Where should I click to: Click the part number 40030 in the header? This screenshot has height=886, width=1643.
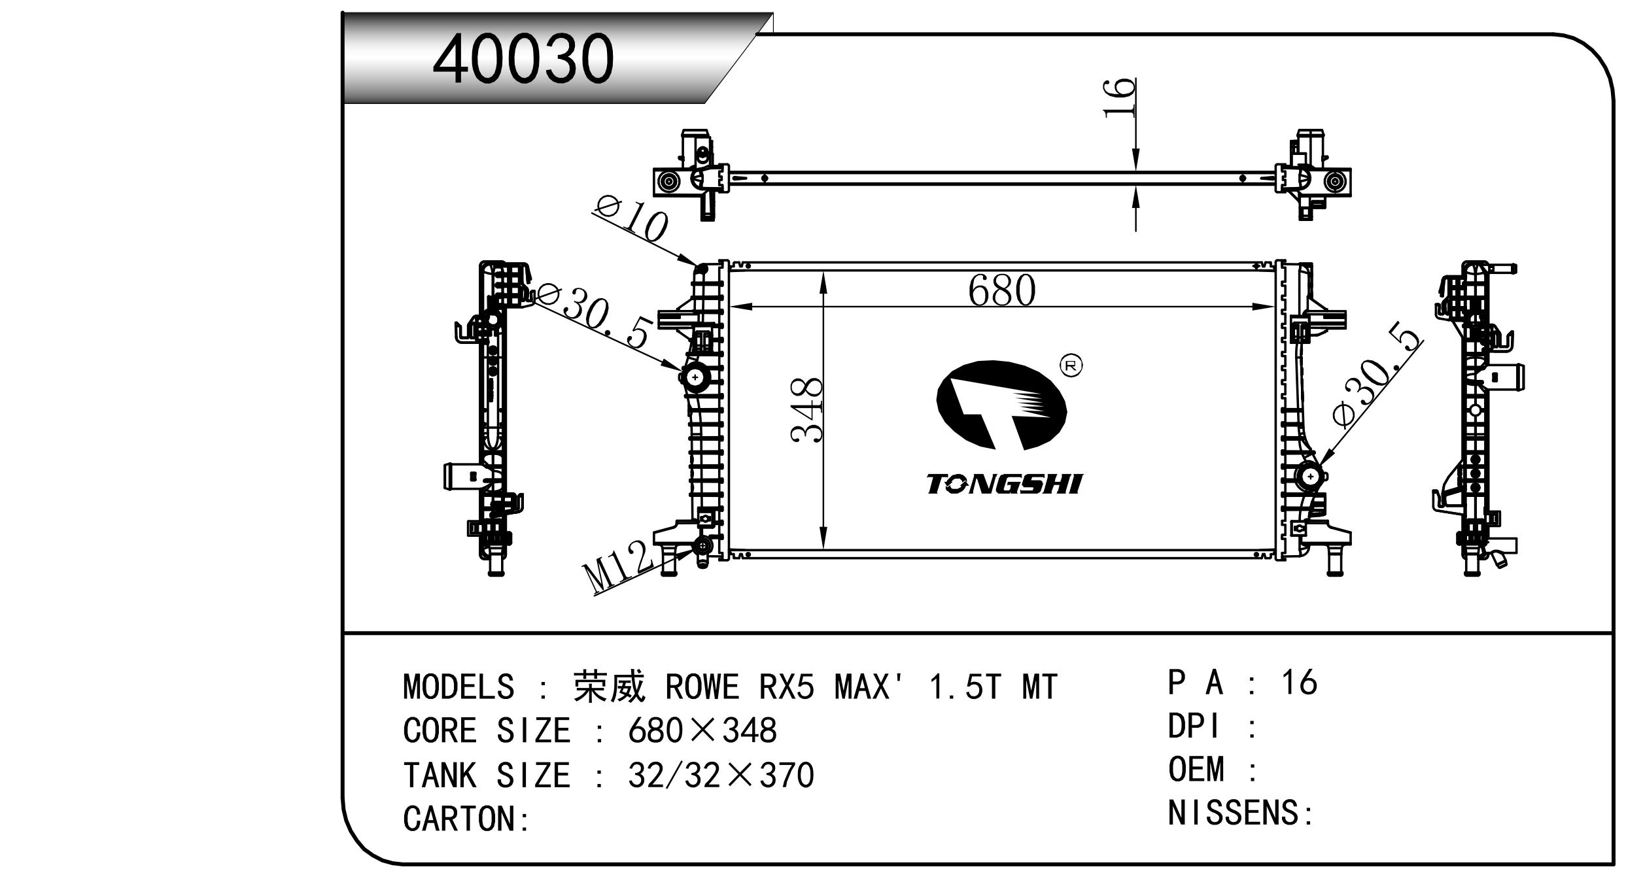(523, 60)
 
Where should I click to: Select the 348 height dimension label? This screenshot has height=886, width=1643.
(806, 410)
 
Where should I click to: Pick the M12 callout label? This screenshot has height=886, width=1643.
(617, 566)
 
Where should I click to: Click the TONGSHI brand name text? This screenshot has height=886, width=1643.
(1003, 484)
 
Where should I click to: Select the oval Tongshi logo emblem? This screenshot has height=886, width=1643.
(1001, 405)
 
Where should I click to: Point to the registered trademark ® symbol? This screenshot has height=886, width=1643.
(1071, 366)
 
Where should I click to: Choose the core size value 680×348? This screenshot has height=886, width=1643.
(702, 730)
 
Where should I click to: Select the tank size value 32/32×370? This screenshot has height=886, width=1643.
(721, 775)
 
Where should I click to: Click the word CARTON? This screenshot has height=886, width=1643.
(458, 819)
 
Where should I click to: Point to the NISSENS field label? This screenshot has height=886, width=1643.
(1233, 813)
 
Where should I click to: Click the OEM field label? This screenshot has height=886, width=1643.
(1196, 769)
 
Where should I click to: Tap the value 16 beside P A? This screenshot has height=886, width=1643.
(1299, 683)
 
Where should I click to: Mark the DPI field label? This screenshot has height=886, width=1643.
(1194, 726)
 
